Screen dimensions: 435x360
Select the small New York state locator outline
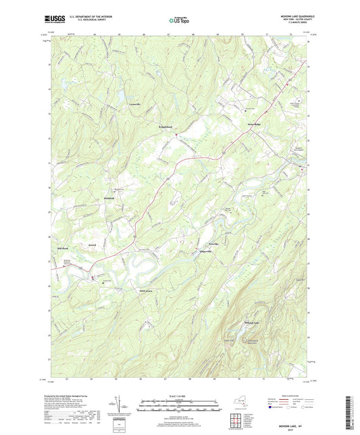(x=236, y=409)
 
